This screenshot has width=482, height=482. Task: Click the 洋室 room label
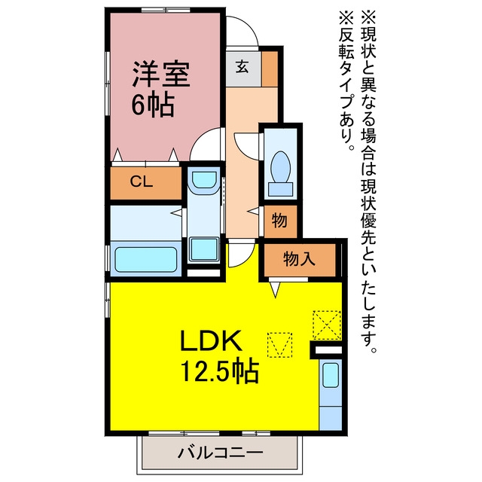pos(160,74)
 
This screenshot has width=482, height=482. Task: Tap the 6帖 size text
pos(153,105)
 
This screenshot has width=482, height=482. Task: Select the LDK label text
pos(211,340)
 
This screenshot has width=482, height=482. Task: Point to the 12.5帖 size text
pos(219,371)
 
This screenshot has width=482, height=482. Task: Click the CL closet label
pos(142,182)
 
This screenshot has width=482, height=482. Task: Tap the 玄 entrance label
pos(243,67)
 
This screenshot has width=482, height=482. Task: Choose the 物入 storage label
pos(299,258)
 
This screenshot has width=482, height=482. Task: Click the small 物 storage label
pos(279,221)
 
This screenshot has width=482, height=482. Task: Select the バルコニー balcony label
pos(221,453)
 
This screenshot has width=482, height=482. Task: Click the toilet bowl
pos(280,166)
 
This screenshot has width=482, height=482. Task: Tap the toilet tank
pos(280,189)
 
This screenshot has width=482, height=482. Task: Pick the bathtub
pos(145,260)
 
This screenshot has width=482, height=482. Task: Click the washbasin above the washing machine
pos(204,181)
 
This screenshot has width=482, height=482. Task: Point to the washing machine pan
pos(204,249)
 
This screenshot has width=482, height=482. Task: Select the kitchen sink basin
pos(331,375)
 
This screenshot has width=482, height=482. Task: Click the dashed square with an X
pos(327,325)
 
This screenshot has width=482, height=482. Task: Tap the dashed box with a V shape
pos(279,345)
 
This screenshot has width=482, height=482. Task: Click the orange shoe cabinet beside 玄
pos(270,69)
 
